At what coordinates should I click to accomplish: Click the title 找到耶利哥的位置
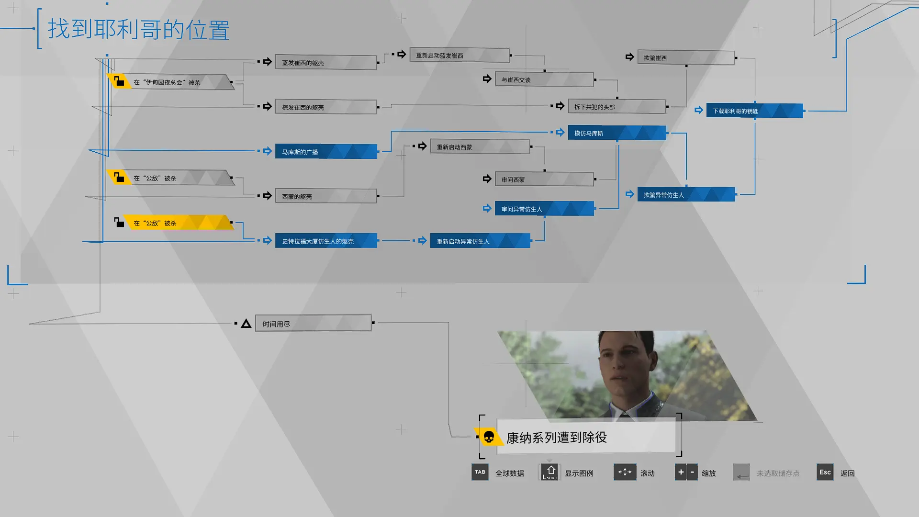(x=139, y=30)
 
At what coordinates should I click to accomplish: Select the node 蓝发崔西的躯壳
(x=326, y=62)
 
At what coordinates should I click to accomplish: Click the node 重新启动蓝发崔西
(x=459, y=55)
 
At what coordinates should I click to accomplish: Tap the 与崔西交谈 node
(x=545, y=79)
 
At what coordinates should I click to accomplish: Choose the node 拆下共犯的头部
(x=617, y=107)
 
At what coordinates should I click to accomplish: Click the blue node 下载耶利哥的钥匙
(x=755, y=111)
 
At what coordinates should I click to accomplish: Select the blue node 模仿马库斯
(x=617, y=133)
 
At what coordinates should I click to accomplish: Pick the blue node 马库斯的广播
(x=326, y=152)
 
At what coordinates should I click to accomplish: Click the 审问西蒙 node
(x=545, y=180)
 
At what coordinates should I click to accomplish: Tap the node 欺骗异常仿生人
(x=686, y=194)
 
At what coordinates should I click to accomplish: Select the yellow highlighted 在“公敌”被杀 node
(x=179, y=223)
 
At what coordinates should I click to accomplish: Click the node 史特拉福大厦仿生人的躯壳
(x=326, y=241)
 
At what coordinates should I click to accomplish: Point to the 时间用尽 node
(x=314, y=324)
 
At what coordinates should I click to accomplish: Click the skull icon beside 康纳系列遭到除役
(x=489, y=437)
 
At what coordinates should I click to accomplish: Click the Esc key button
(x=825, y=472)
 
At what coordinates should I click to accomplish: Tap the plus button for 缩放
(x=680, y=472)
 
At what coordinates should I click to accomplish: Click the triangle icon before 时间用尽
(x=246, y=324)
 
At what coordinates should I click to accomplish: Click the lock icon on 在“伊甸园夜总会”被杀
(x=119, y=81)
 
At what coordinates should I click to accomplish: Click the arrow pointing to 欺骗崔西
(x=629, y=57)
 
